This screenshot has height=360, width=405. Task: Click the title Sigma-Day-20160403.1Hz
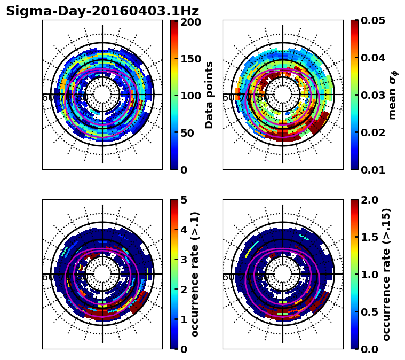[102, 11]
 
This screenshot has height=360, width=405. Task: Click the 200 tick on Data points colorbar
[190, 22]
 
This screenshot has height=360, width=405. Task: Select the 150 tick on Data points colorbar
[190, 59]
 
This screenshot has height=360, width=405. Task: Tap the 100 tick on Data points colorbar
[190, 96]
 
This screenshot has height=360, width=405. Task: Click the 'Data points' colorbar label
[209, 95]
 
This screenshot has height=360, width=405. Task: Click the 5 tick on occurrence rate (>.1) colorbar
[184, 200]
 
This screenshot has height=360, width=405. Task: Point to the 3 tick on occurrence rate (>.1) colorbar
[184, 260]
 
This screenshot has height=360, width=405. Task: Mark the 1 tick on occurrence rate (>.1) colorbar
[184, 319]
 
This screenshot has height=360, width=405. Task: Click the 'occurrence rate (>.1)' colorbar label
[195, 274]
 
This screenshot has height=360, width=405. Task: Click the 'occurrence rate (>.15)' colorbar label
[387, 274]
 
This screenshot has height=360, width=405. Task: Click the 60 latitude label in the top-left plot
[47, 98]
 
